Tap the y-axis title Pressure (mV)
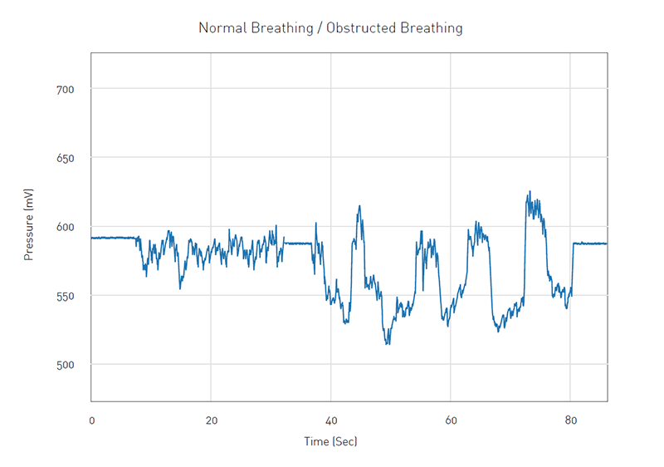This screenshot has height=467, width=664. point(29,224)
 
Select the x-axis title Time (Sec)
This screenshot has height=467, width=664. point(330,441)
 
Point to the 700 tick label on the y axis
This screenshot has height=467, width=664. point(66,89)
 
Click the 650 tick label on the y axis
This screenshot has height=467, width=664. point(66,158)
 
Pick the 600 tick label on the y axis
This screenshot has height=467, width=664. point(66,227)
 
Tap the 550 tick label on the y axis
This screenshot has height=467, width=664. point(66,296)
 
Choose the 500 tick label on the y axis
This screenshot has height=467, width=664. point(66,365)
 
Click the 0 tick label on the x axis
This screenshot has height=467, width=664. point(91,420)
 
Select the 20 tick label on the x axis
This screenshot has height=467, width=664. point(211,420)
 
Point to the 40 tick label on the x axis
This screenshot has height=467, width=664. point(331,420)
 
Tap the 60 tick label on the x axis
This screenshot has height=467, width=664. point(451,420)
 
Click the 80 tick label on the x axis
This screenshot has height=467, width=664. point(570,420)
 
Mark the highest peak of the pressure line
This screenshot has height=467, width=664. point(530,192)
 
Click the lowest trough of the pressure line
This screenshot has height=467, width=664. point(387,343)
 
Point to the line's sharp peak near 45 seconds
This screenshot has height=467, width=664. point(359,206)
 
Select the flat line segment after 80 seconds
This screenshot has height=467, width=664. point(589,243)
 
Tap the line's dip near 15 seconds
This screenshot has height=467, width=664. point(180,288)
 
